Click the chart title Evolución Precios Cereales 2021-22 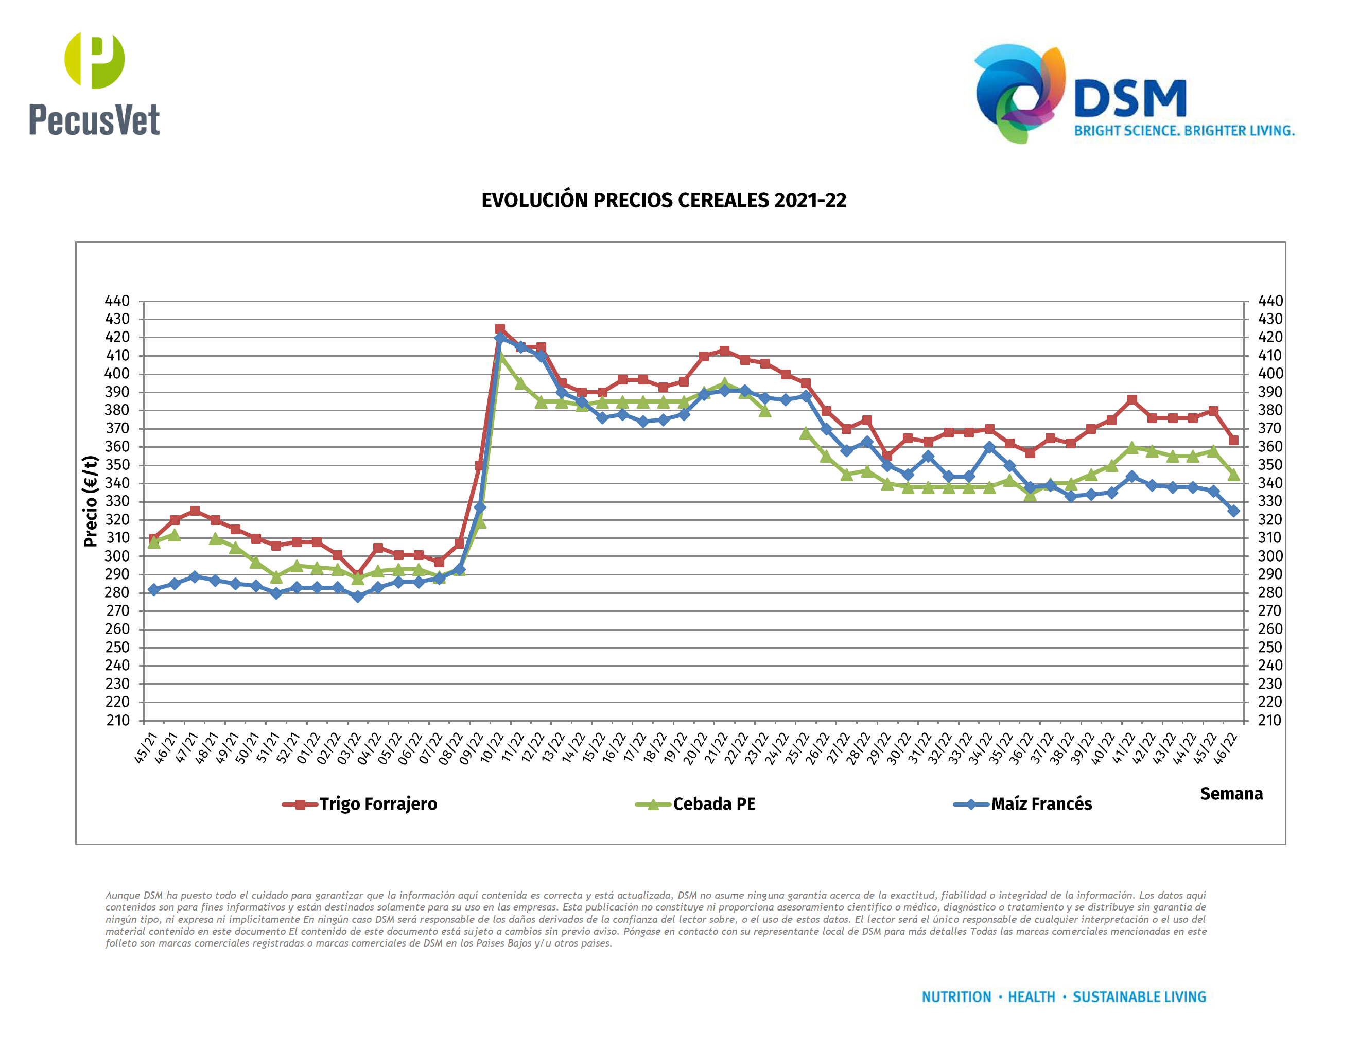[x=664, y=200]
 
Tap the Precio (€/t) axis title [x=91, y=501]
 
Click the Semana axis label [x=1231, y=794]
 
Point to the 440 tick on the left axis [x=117, y=301]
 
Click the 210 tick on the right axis [x=1269, y=720]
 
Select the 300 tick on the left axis [x=117, y=556]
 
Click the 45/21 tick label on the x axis [x=147, y=748]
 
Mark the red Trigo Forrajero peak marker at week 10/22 [x=500, y=328]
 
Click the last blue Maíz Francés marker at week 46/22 [x=1233, y=511]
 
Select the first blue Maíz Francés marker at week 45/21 [x=154, y=589]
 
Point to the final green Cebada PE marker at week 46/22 [x=1233, y=475]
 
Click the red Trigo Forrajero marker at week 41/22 [x=1132, y=400]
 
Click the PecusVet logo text [x=95, y=119]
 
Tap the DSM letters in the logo [x=1130, y=99]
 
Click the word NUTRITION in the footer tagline [x=956, y=997]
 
